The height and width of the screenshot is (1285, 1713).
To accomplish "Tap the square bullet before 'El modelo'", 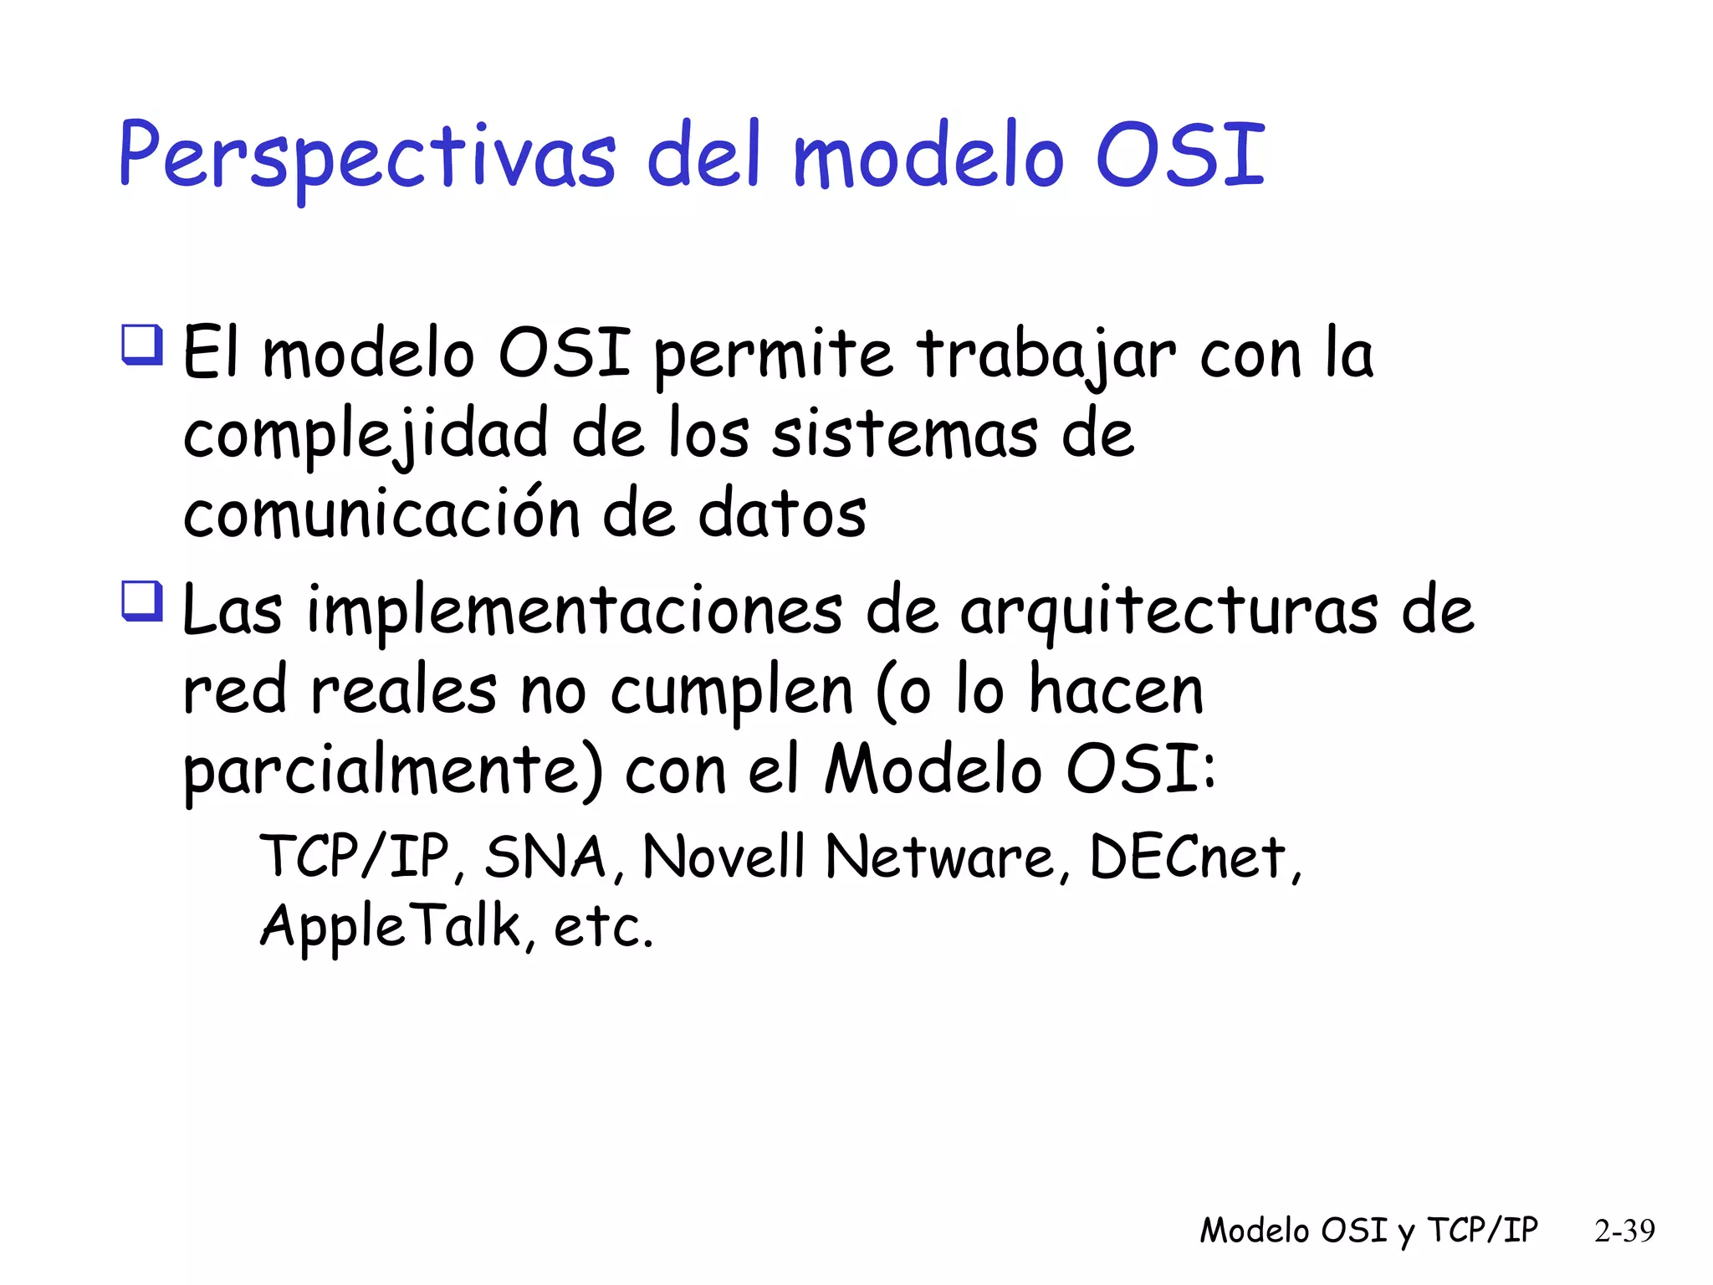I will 142,344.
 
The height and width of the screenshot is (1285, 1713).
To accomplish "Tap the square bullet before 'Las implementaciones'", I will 142,601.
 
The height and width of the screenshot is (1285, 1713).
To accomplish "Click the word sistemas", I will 904,434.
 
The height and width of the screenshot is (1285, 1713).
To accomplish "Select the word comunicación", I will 381,514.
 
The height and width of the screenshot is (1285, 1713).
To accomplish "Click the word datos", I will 782,514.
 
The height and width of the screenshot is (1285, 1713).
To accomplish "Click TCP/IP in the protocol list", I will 355,857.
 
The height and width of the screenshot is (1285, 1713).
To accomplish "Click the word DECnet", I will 1187,857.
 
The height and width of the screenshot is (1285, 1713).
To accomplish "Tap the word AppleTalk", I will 391,926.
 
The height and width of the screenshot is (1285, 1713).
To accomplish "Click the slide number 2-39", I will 1624,1231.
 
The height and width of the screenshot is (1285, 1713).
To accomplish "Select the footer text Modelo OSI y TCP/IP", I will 1368,1231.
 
